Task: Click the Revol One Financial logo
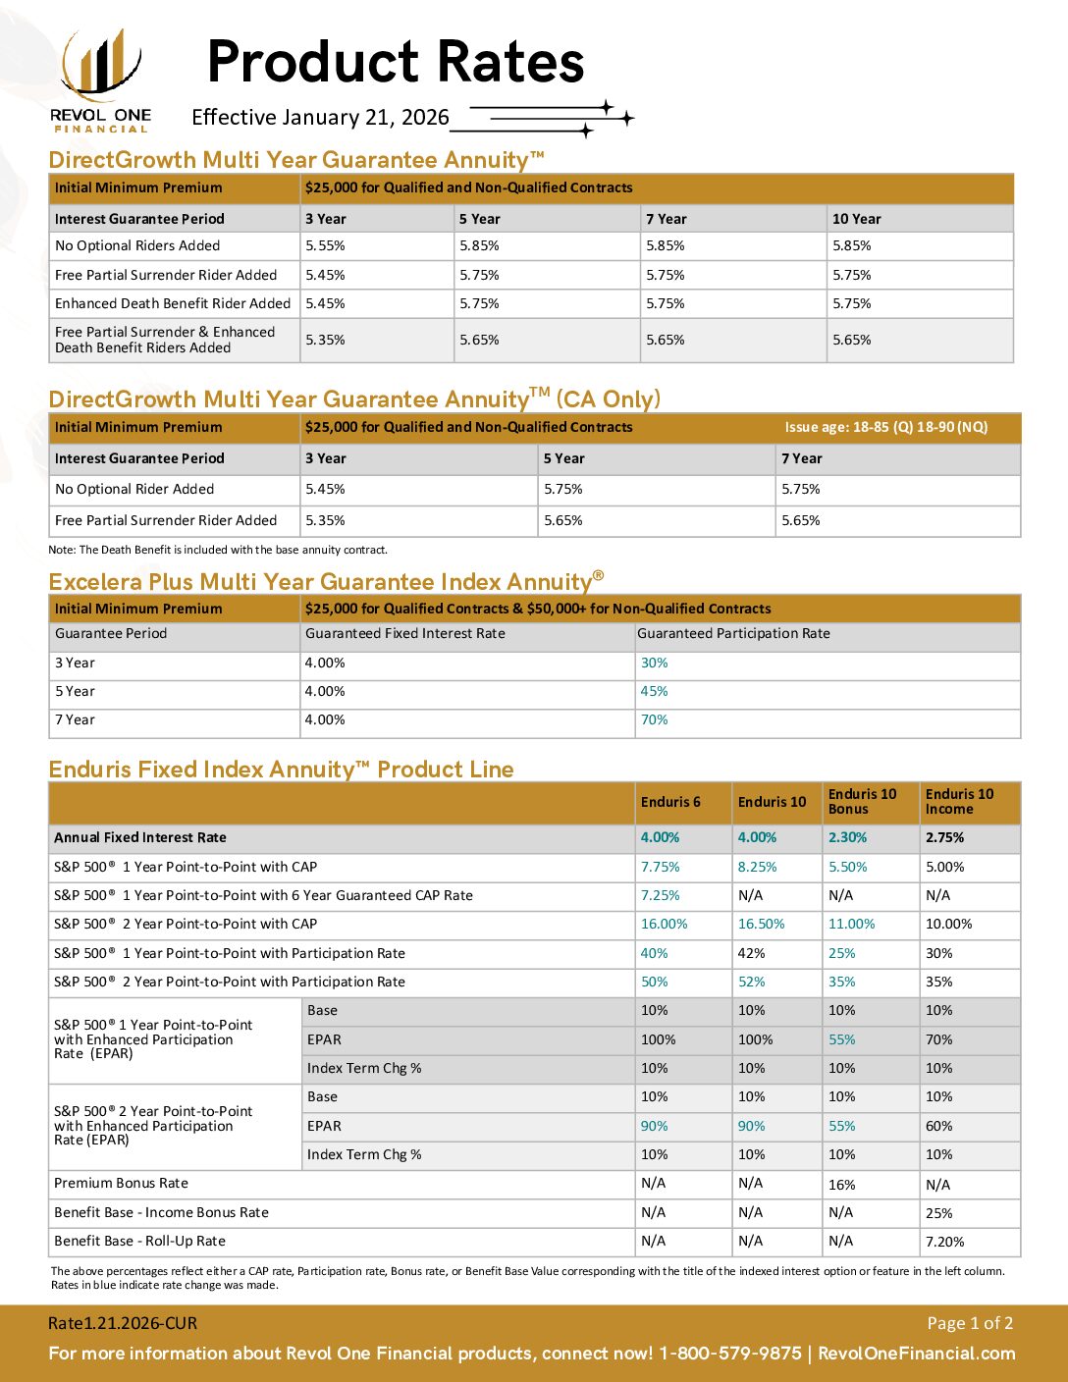point(100,80)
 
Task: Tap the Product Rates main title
point(396,62)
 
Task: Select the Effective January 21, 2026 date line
point(320,118)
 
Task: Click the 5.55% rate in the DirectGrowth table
point(325,245)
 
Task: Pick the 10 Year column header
point(856,219)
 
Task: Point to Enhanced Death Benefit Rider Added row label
point(173,303)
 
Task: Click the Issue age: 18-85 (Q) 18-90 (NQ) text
point(885,427)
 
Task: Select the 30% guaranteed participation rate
point(654,663)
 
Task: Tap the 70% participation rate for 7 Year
point(654,719)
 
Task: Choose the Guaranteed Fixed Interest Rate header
point(404,633)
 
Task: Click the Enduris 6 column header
point(670,802)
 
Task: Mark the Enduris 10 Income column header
point(959,802)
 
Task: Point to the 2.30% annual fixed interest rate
point(847,837)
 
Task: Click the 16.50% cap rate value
point(762,924)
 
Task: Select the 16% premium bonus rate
point(841,1185)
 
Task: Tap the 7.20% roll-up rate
point(944,1242)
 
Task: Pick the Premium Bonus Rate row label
point(121,1183)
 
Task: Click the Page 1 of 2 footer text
point(970,1323)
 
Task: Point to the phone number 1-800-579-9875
point(729,1354)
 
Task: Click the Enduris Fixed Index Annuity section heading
point(281,770)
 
